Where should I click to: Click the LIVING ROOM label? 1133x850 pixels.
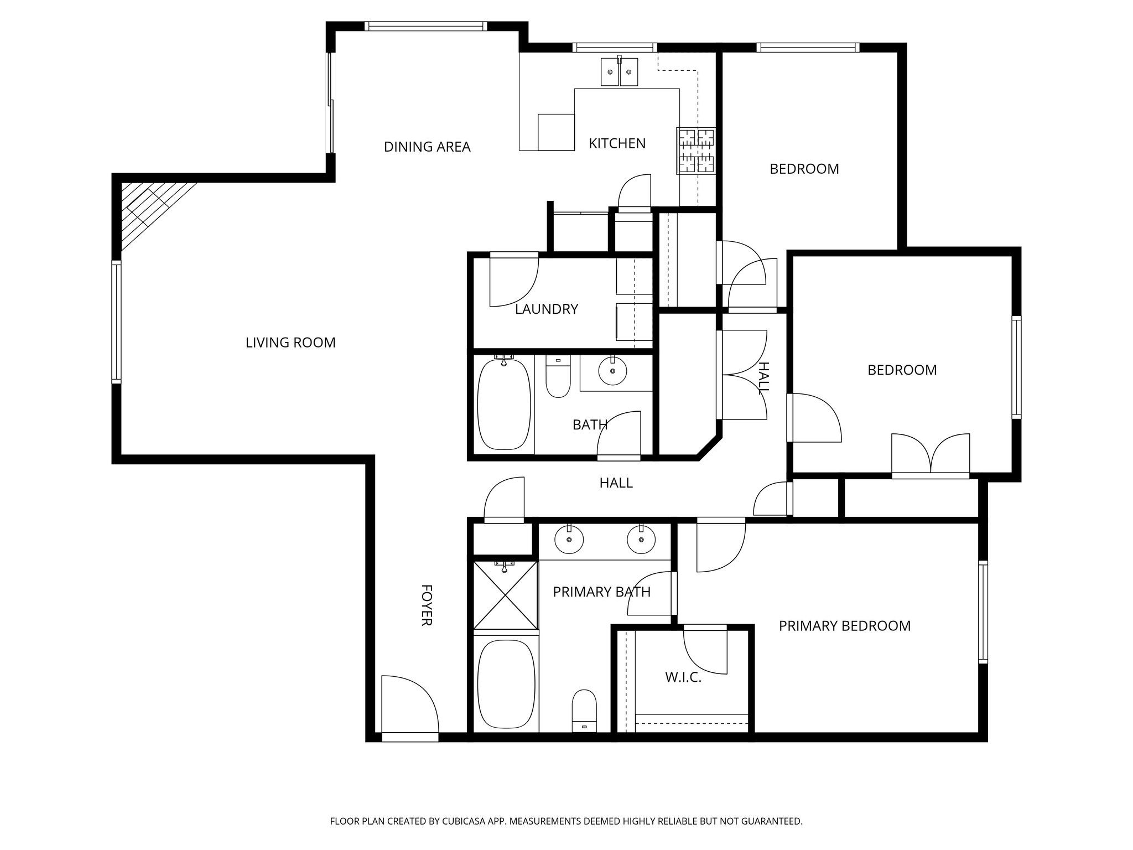290,343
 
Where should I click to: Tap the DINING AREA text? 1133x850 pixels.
427,147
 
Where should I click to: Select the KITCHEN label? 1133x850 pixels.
617,143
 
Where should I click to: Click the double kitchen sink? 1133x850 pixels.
619,72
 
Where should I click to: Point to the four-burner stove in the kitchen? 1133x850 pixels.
696,151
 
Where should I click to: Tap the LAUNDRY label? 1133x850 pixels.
546,309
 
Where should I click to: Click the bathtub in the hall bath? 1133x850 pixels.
503,404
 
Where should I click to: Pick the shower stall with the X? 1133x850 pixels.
506,595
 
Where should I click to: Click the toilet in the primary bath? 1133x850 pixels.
584,711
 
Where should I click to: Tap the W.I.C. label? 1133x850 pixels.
683,677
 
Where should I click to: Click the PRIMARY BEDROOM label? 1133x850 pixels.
844,626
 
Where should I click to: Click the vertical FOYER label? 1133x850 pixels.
426,605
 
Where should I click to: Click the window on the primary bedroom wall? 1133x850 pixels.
983,611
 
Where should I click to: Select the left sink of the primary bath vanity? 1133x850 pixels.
569,540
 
